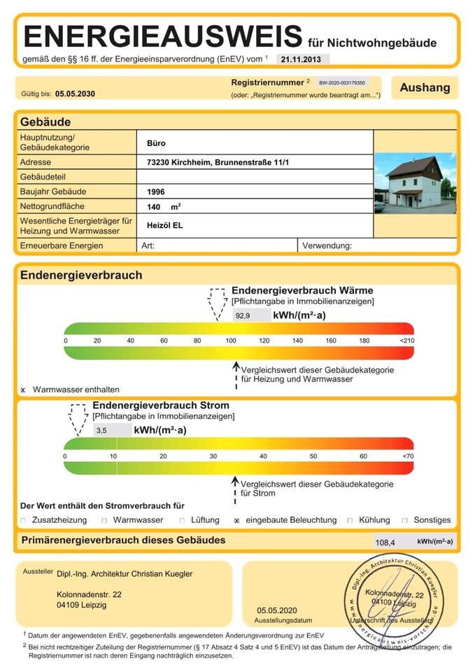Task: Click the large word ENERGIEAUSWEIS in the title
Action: (x=163, y=36)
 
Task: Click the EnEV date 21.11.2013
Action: (x=301, y=59)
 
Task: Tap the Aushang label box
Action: (x=425, y=88)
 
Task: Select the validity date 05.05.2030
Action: (x=75, y=94)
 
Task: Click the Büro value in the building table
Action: (x=156, y=143)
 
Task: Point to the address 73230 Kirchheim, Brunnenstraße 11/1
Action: (x=218, y=162)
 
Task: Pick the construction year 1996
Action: (x=156, y=192)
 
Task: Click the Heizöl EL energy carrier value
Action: (x=164, y=225)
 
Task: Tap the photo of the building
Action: (x=415, y=184)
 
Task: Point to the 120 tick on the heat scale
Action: (x=264, y=340)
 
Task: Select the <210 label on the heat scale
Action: (x=406, y=340)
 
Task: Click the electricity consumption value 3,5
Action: (x=102, y=431)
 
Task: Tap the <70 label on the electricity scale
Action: (x=408, y=456)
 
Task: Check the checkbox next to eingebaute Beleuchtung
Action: (x=238, y=521)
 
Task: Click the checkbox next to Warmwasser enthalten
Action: (x=23, y=390)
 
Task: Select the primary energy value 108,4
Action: (x=385, y=542)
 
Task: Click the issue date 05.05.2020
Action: (x=277, y=610)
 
